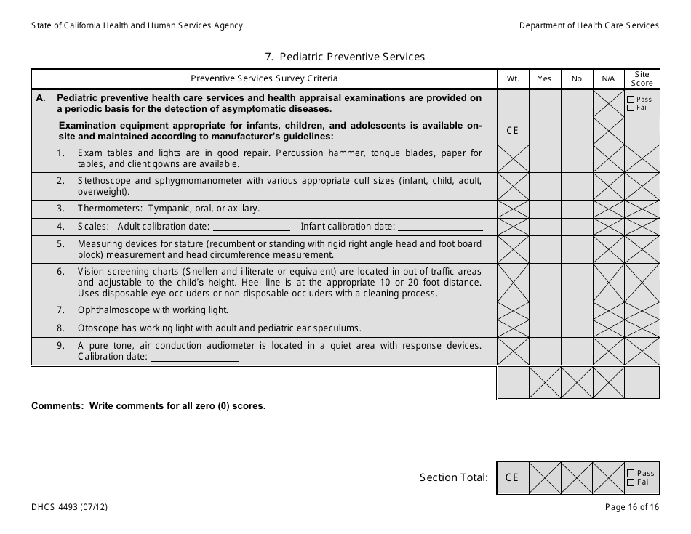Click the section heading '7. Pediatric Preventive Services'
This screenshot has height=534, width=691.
tap(345, 57)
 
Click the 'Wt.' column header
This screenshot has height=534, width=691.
tap(513, 78)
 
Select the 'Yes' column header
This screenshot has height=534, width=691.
tap(544, 78)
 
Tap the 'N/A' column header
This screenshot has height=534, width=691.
tap(608, 78)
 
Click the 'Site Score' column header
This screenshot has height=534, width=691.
tap(642, 78)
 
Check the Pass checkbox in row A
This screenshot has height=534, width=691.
tap(631, 100)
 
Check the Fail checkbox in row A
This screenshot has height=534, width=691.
tap(631, 108)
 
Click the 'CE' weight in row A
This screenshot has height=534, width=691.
tap(513, 130)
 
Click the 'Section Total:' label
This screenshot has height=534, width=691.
tap(453, 477)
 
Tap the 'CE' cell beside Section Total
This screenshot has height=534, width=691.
tap(512, 477)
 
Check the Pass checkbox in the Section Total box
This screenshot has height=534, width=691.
tap(631, 473)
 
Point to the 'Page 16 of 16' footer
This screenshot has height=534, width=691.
tap(631, 508)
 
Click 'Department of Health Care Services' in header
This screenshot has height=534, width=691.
tap(588, 25)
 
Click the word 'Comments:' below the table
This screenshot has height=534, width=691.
tap(57, 406)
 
